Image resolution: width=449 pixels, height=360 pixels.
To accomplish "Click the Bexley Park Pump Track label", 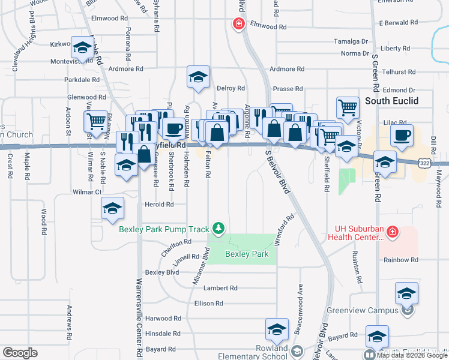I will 164,229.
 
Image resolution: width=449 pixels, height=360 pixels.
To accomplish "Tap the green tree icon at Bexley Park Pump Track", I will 220,228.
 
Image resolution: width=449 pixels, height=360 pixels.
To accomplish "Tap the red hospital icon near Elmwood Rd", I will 238,23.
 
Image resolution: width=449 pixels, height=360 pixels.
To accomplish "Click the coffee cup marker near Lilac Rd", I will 402,135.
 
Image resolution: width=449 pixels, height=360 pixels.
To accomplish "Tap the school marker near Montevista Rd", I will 82,47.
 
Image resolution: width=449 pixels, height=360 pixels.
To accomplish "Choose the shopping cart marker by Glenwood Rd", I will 96,121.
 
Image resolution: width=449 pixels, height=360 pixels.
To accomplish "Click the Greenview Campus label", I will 363,310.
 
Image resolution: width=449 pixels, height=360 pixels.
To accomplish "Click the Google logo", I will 20,352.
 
